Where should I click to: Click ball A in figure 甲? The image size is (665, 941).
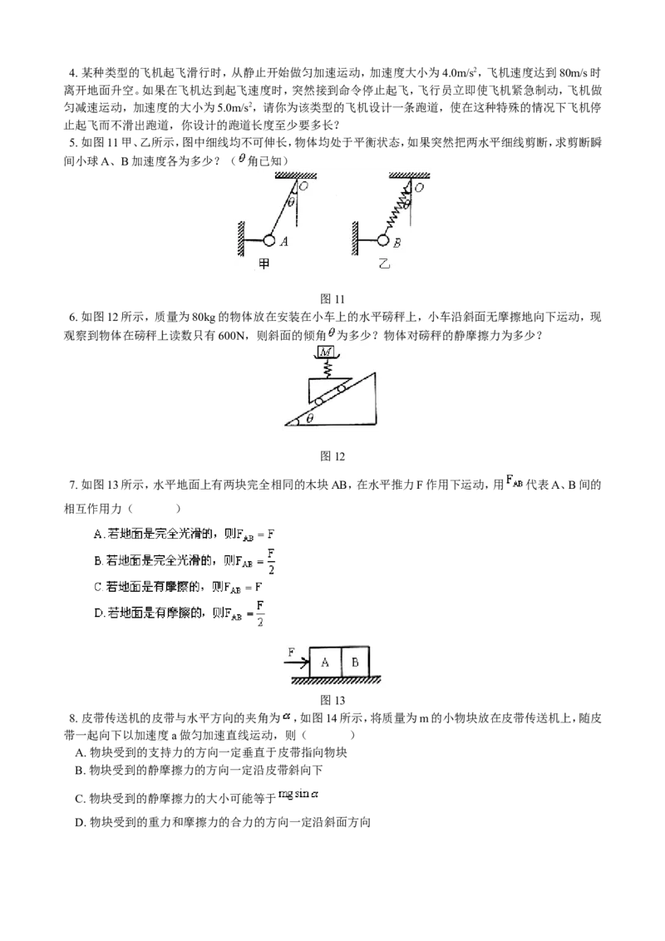click(x=268, y=240)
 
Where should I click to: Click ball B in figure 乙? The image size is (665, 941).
click(x=383, y=240)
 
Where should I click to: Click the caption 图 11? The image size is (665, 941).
click(x=332, y=299)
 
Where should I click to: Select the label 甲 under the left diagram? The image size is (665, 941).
click(x=264, y=263)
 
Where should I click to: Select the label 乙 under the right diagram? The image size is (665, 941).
click(x=384, y=263)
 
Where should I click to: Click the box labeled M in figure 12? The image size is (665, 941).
click(x=326, y=352)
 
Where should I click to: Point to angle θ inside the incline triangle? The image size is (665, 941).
click(x=310, y=419)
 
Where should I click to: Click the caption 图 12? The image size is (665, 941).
click(x=332, y=456)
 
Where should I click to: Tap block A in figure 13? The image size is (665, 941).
click(x=325, y=662)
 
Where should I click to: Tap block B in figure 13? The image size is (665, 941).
click(x=355, y=662)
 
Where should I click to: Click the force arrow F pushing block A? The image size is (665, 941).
click(x=297, y=663)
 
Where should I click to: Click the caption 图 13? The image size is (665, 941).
click(x=332, y=700)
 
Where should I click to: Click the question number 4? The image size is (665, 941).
click(x=72, y=74)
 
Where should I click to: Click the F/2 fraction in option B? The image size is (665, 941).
click(x=271, y=561)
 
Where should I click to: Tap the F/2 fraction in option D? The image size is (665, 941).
click(x=260, y=613)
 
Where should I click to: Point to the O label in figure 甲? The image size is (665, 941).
click(x=303, y=187)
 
